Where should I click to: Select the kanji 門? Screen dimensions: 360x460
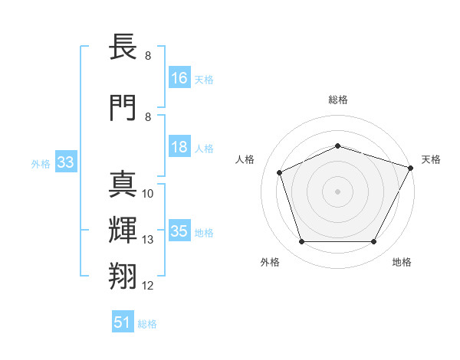[123, 107]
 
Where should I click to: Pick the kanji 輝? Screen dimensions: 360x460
[123, 230]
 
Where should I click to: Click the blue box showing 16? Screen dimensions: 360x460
[179, 78]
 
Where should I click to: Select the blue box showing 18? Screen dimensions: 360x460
[179, 147]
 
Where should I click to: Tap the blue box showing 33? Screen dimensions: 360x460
[64, 162]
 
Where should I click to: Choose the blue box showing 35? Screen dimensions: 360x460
[179, 231]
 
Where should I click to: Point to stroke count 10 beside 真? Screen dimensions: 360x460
[148, 194]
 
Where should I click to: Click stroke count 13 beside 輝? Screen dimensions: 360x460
[148, 240]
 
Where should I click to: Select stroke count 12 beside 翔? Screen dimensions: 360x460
[148, 286]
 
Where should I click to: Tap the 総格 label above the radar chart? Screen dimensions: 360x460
[338, 100]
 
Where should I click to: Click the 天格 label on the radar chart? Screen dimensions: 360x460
[431, 159]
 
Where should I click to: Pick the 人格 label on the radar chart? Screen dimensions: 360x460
[245, 159]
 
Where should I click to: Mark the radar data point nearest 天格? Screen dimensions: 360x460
[412, 168]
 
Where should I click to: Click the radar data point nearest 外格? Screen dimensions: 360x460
[301, 242]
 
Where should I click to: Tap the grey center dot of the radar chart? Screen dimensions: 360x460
[338, 191]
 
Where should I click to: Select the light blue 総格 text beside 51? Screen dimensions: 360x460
[147, 324]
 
